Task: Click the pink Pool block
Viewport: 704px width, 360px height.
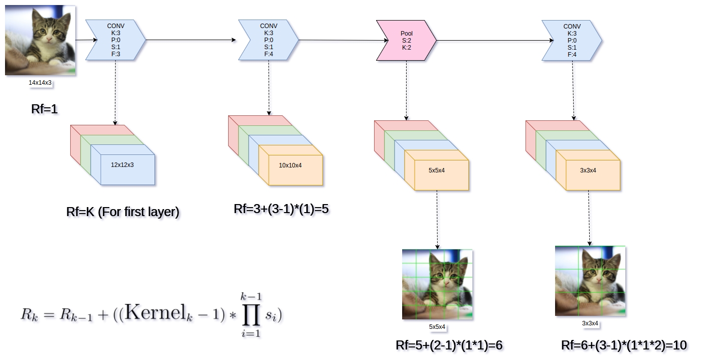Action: [x=406, y=41]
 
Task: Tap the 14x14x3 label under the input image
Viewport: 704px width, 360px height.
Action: [x=40, y=83]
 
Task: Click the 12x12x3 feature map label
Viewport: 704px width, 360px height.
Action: [x=122, y=164]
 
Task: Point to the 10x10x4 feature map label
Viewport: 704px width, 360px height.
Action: [x=290, y=165]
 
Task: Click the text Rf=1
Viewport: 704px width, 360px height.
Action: [x=45, y=109]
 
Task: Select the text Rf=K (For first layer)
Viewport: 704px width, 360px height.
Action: [x=122, y=212]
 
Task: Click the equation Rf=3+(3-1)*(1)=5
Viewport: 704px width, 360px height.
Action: [x=281, y=209]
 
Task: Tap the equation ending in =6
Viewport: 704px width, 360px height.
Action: [x=449, y=345]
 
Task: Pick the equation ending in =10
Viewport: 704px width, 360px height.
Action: [x=624, y=345]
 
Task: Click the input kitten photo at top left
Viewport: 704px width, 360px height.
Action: [x=40, y=41]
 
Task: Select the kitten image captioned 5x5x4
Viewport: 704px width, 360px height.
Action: [x=437, y=285]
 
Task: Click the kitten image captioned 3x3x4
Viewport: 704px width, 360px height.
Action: [x=590, y=281]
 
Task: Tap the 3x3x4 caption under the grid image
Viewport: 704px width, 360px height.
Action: [x=590, y=323]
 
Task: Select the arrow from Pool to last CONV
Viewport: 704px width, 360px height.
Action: [x=489, y=41]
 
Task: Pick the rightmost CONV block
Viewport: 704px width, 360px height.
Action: [x=572, y=40]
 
